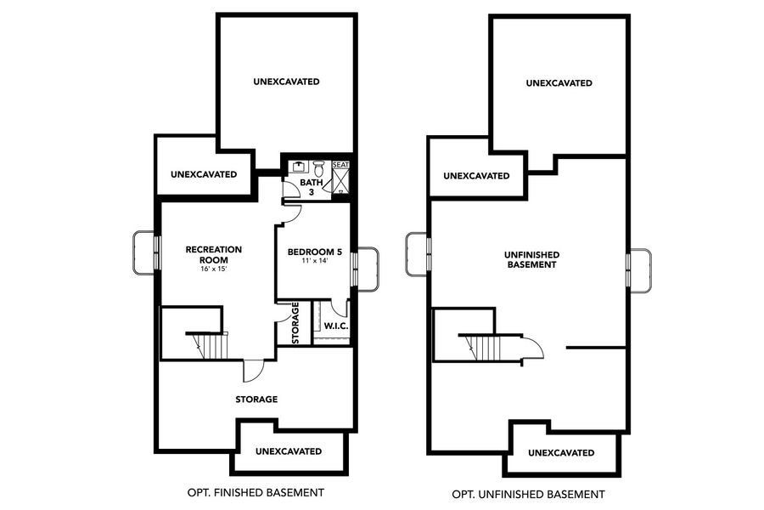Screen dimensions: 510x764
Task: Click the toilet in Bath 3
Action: tap(318, 167)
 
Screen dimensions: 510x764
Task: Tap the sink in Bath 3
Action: tap(299, 167)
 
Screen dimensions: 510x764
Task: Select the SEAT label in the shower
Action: tap(340, 165)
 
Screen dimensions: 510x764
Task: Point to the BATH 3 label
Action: tap(312, 187)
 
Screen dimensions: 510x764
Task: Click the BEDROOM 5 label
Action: tap(314, 252)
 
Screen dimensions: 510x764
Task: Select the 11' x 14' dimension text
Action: tap(314, 263)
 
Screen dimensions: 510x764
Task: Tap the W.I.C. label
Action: tap(337, 326)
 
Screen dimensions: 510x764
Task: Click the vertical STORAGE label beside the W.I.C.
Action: tap(296, 324)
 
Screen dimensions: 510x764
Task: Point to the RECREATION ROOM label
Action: tap(214, 254)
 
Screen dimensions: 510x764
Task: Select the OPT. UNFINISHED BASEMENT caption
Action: tap(528, 493)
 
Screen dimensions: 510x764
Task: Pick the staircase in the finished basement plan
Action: tap(211, 345)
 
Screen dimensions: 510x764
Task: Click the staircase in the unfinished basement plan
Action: tap(485, 347)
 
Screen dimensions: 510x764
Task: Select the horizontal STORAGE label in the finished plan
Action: tap(256, 399)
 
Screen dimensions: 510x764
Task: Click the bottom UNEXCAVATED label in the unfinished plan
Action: tap(561, 452)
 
